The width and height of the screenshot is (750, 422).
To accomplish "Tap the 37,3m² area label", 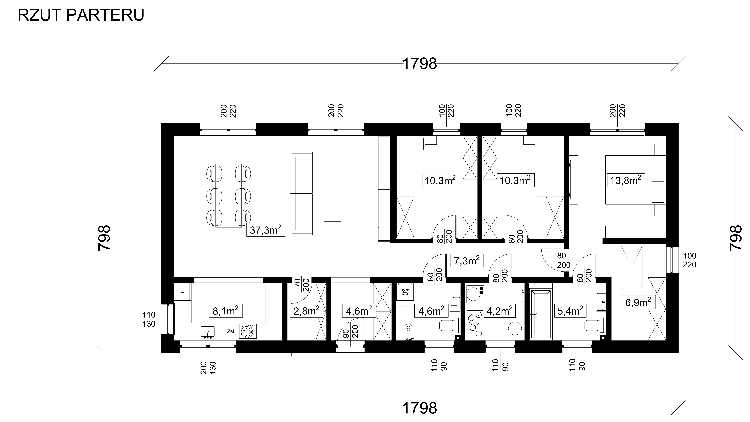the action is point(265,230).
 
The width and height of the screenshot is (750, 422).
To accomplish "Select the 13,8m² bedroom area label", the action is point(625,180).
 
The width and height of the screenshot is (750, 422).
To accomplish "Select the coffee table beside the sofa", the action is point(332,196).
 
